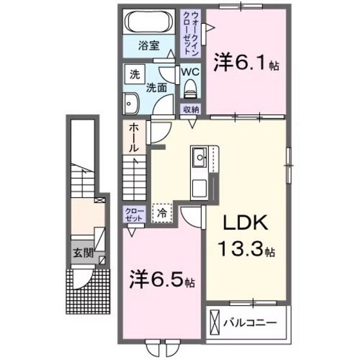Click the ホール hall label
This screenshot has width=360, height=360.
point(133,136)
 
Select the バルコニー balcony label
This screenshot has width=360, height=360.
point(248,321)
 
